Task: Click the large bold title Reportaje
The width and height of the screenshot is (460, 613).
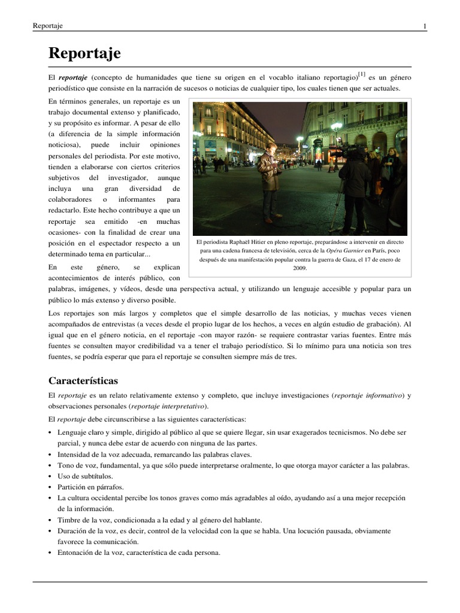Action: tap(84, 53)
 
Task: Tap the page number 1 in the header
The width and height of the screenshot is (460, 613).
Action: tap(425, 26)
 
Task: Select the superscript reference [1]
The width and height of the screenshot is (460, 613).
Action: tap(361, 75)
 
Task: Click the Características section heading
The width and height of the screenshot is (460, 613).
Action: tap(83, 381)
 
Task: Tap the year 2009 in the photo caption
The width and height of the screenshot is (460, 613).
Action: tap(300, 269)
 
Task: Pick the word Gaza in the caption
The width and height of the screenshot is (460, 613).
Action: tap(339, 260)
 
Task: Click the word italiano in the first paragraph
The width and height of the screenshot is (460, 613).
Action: tap(299, 78)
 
